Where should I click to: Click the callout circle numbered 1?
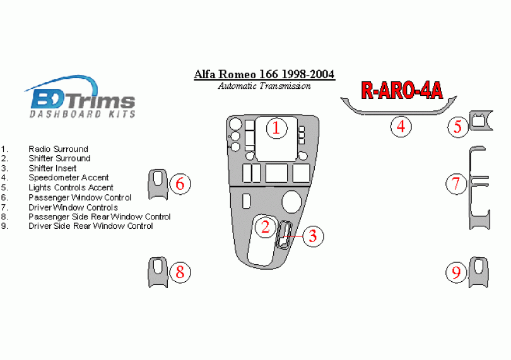tap(276, 129)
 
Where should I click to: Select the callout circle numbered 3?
tap(313, 236)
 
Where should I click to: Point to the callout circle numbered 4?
tap(401, 127)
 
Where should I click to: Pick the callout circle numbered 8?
tap(180, 272)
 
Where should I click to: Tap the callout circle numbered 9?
tap(455, 272)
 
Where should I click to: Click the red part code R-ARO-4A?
tap(401, 91)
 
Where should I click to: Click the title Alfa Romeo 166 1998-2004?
tap(264, 75)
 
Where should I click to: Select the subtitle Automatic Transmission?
tap(264, 86)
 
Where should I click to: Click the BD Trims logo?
tap(79, 98)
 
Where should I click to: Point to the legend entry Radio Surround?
tap(58, 149)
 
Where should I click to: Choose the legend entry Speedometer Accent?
tap(68, 178)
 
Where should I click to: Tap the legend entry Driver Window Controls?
tap(73, 207)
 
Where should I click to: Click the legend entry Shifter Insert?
tap(52, 168)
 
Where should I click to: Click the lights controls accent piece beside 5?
tap(481, 120)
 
